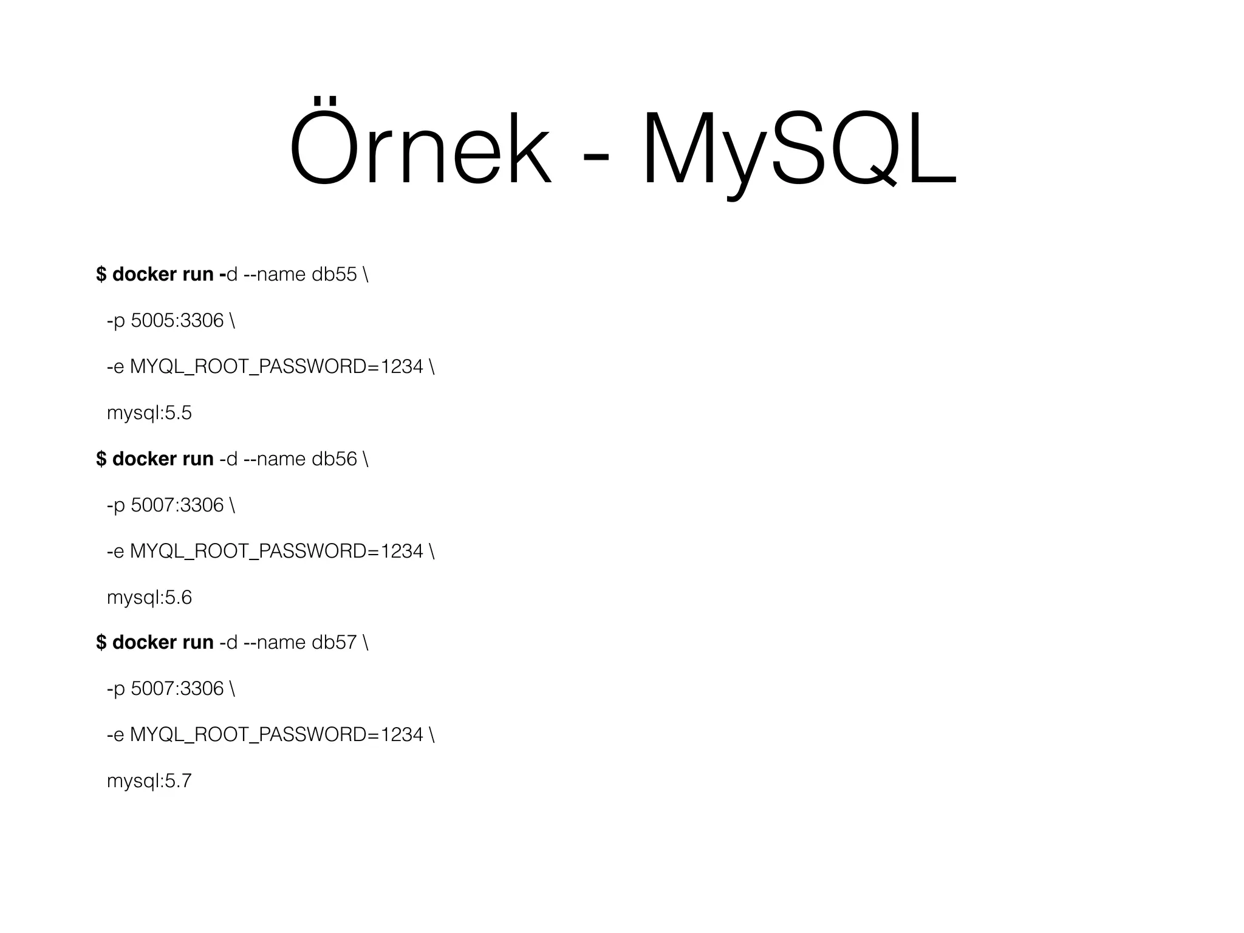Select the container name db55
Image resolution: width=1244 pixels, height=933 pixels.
click(334, 275)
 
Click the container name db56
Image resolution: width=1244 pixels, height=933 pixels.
click(334, 459)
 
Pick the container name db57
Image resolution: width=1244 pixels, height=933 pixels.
click(334, 642)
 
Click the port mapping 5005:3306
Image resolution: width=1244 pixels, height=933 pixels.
click(177, 321)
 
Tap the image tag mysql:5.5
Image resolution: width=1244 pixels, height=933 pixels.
click(149, 413)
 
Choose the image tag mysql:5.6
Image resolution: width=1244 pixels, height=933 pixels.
click(149, 598)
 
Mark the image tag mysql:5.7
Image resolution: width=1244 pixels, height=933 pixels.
click(149, 781)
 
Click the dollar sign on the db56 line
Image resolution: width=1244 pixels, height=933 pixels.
click(101, 459)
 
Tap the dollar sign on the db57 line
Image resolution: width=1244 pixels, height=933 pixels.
click(101, 642)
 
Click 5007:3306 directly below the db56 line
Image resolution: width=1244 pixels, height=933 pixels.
click(177, 505)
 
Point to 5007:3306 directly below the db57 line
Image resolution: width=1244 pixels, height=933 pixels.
click(177, 689)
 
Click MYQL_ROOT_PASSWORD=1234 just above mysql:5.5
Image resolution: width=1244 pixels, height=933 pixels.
click(276, 367)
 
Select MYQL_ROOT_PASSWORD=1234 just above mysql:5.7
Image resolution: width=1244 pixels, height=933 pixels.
click(276, 735)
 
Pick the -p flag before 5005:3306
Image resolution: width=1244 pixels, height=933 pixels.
click(115, 321)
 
